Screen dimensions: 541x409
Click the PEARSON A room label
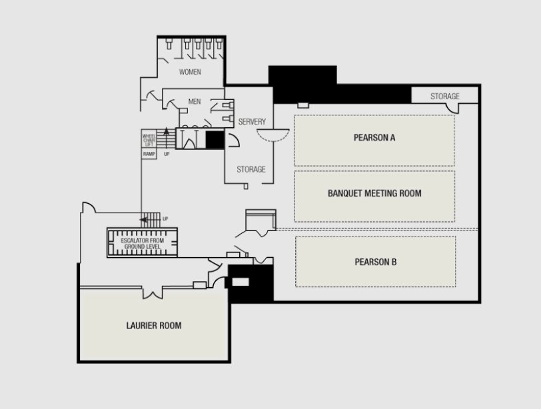coord(374,138)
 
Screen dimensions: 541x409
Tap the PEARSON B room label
coord(375,262)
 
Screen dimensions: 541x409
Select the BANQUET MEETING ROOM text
coord(374,193)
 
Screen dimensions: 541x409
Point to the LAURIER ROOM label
coord(154,326)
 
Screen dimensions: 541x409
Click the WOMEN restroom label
coord(190,72)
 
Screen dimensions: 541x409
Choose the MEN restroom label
coord(195,102)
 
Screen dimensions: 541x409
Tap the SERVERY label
coord(252,122)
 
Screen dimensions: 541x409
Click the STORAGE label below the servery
coord(251,169)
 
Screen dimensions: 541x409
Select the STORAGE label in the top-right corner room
coord(445,96)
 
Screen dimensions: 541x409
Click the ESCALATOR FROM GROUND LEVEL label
coord(142,244)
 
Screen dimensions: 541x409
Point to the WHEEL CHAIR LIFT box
coord(149,139)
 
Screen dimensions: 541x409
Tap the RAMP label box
coord(149,154)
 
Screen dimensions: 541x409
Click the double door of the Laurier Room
coord(153,293)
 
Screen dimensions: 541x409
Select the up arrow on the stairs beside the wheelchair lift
coord(167,137)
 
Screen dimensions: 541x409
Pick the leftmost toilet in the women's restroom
coord(169,44)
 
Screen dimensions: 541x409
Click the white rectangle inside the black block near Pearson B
coord(240,282)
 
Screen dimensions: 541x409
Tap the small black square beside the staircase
coord(215,139)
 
